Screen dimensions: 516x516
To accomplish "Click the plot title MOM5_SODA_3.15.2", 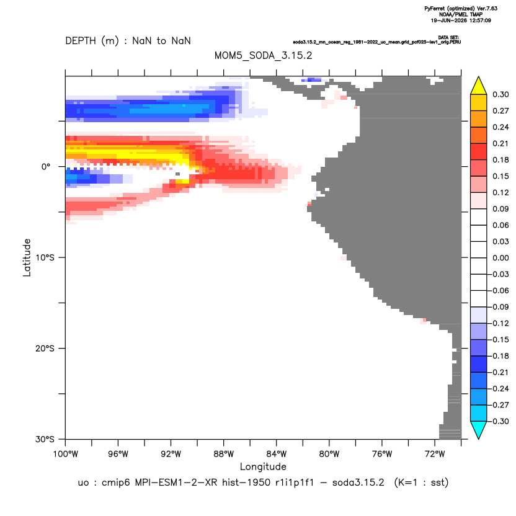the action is (x=263, y=55).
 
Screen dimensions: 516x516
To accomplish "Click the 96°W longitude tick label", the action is (x=118, y=454).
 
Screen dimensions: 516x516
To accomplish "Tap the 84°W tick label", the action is (x=277, y=454).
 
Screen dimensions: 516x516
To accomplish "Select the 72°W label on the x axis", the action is (x=435, y=454).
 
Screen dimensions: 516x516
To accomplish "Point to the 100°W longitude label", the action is (x=66, y=454).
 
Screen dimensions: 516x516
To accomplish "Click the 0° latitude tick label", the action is (x=46, y=166).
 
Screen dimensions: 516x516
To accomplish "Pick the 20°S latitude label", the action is (x=45, y=348).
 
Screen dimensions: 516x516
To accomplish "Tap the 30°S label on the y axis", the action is (x=45, y=439).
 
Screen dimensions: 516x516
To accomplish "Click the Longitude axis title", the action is (x=263, y=466).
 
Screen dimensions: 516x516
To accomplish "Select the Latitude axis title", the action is (x=27, y=257).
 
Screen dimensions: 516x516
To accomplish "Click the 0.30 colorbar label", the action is (x=500, y=94).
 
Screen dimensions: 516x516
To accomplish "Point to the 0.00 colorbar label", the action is (x=500, y=258).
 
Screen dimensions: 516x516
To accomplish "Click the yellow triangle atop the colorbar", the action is (x=479, y=87).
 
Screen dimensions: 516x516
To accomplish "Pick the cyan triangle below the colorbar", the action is (x=479, y=429).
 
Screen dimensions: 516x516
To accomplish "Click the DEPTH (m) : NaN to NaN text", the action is (x=128, y=41).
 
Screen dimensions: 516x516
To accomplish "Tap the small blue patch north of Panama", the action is (x=311, y=79).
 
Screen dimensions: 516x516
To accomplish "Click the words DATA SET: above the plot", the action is (x=448, y=37).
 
